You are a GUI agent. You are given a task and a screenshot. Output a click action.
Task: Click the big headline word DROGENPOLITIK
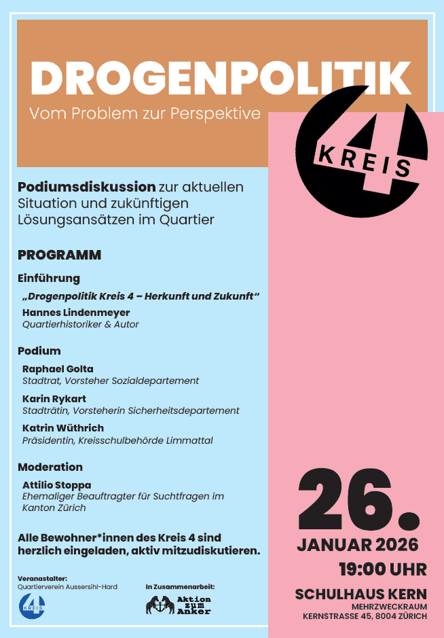221,79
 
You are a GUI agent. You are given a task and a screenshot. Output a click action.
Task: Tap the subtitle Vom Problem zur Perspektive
145,113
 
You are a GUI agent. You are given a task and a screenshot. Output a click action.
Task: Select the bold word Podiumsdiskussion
87,186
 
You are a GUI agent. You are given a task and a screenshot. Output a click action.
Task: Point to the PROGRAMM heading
59,255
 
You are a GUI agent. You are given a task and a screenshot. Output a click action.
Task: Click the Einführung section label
49,278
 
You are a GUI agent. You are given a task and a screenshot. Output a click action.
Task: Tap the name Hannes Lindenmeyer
76,313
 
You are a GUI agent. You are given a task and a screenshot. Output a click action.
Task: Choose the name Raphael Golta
58,369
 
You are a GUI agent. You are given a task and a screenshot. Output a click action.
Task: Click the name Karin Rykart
54,399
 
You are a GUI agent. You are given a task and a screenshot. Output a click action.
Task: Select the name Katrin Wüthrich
63,428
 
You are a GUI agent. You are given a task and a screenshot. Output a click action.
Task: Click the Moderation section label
50,467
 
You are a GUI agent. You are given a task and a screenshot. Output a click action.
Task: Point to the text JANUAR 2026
357,545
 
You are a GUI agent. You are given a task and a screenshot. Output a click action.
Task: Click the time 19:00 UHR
383,568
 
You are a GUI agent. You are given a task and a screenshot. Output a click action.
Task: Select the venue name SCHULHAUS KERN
360,595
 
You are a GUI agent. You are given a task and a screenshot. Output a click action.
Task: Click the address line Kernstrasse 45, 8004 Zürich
365,616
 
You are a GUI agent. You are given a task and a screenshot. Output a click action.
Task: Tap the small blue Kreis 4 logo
31,604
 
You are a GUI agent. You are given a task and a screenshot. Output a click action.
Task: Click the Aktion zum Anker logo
178,605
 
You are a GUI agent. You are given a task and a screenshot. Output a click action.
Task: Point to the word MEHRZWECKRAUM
389,606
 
